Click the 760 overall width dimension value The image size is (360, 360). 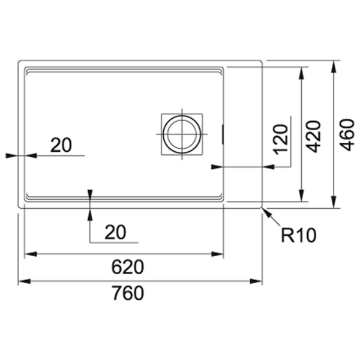[128, 293]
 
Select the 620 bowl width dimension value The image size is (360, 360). [128, 267]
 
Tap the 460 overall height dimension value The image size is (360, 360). [347, 135]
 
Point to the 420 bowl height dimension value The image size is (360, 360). [314, 136]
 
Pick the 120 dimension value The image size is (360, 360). [281, 139]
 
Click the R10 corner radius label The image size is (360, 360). [299, 235]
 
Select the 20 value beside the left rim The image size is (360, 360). [61, 145]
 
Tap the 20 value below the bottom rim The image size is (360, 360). [115, 232]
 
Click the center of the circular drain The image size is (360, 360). [182, 134]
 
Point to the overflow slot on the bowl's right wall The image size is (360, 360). [222, 134]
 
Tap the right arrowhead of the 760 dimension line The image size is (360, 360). [256, 281]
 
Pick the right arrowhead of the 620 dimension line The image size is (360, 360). [217, 254]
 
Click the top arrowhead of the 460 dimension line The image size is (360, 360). [334, 67]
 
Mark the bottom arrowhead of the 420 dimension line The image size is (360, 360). [302, 196]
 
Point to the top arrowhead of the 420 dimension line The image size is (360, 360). [302, 73]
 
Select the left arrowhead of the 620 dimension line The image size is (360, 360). [31, 254]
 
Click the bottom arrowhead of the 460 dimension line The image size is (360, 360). [334, 202]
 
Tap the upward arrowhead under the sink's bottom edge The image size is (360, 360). [90, 214]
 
